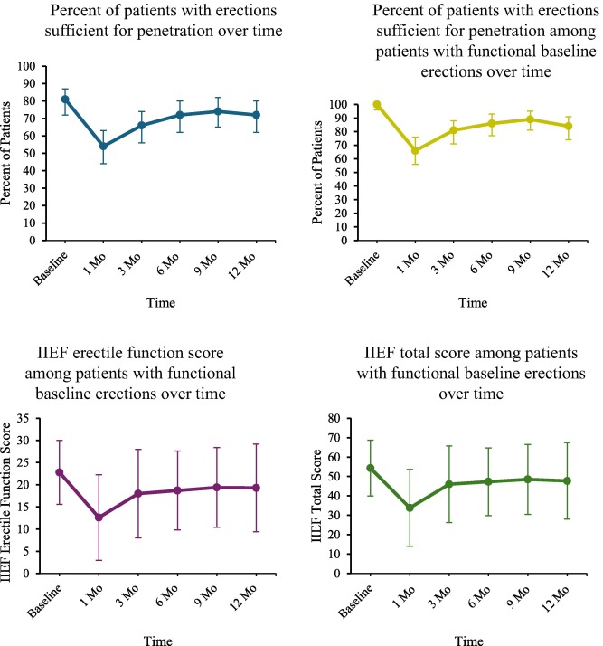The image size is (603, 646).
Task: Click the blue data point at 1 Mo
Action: (103, 146)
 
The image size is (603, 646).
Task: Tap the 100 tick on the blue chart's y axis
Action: (36, 67)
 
